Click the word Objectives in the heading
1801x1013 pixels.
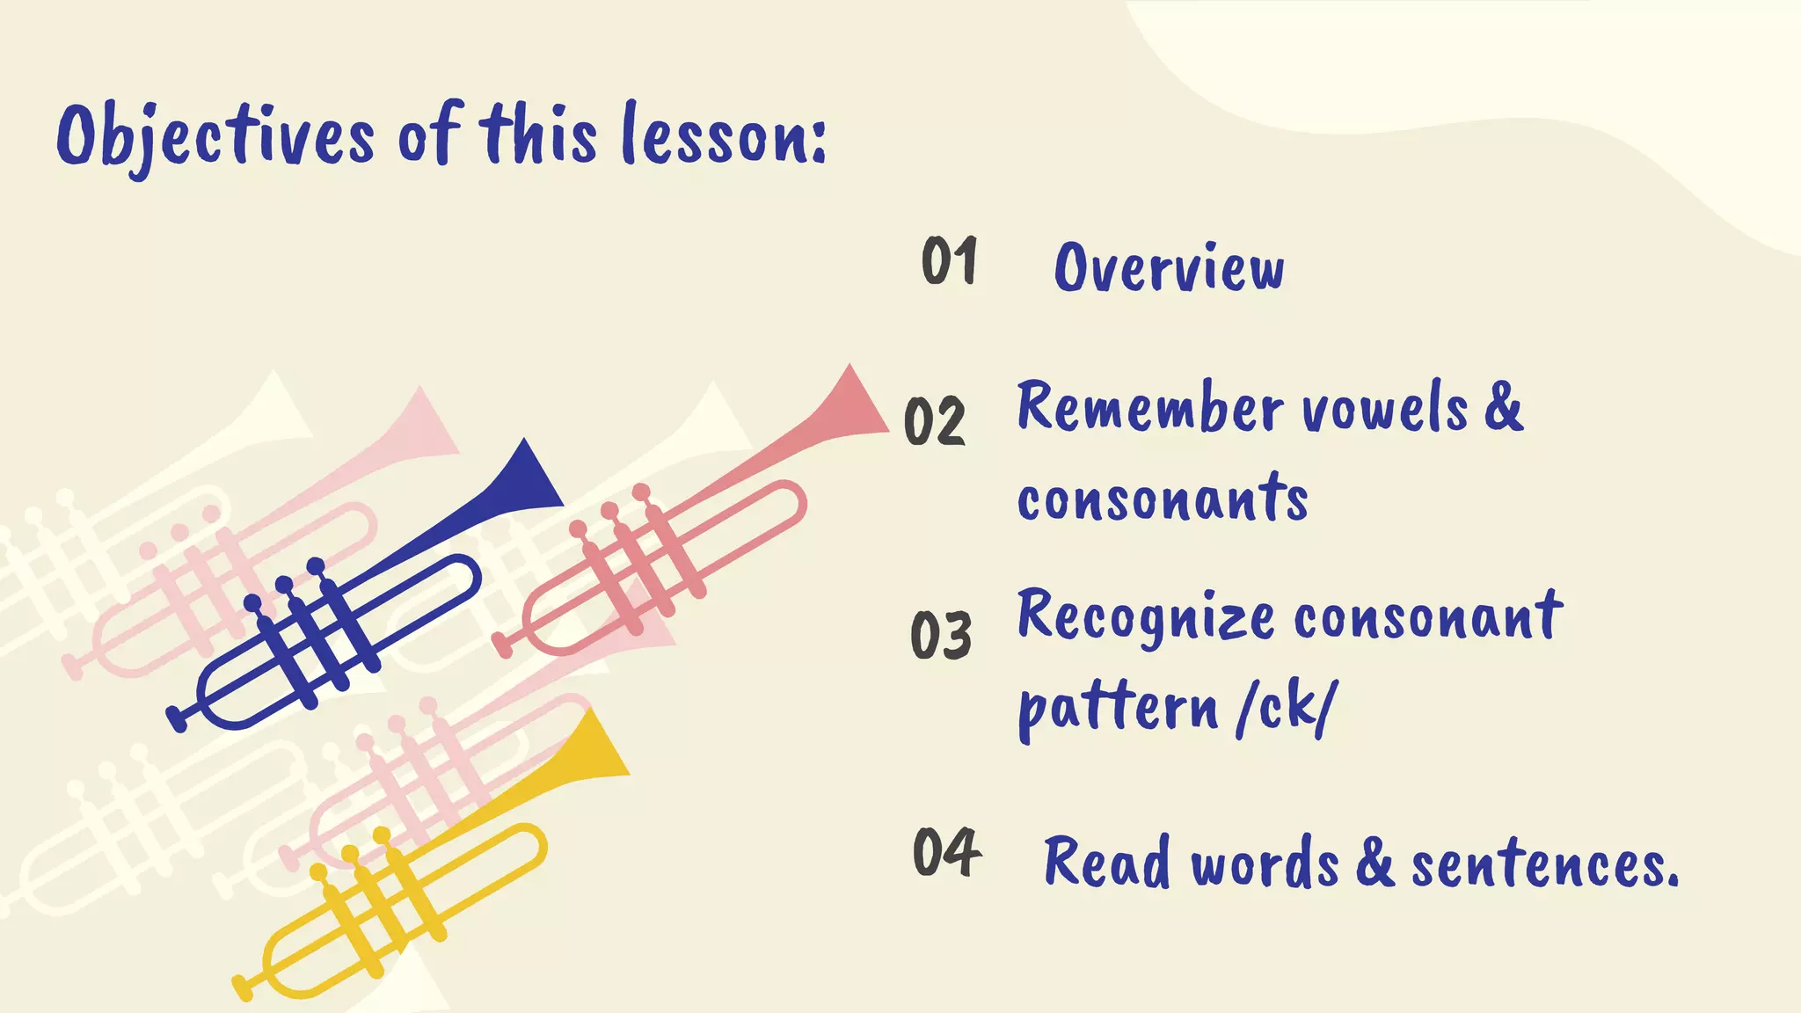(216, 136)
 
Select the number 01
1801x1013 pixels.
(949, 261)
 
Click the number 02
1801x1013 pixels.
(935, 421)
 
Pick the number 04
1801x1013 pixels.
(947, 852)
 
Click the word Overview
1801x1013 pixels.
(1169, 267)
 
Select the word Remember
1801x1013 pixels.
(1150, 409)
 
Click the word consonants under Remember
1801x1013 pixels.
(1163, 499)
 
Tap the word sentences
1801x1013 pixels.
(1544, 864)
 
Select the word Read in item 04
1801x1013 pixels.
(1107, 863)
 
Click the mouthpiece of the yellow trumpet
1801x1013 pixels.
(242, 987)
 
